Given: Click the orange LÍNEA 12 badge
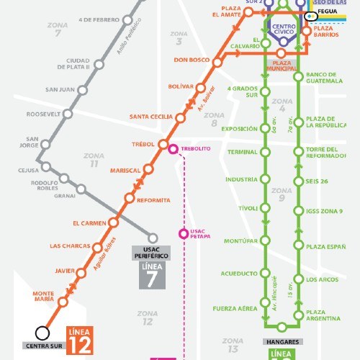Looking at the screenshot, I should (80, 339).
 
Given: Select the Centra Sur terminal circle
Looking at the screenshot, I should (42, 333).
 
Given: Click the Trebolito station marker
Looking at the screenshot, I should (173, 150).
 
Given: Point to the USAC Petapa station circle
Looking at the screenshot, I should (184, 233).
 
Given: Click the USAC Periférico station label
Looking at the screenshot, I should (151, 253).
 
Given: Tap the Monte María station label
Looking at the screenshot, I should (43, 297).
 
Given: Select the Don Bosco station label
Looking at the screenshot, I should (191, 60).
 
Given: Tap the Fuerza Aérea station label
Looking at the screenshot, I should (235, 309).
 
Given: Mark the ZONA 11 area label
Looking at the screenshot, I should (94, 160).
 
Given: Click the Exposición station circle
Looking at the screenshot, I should (264, 129).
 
